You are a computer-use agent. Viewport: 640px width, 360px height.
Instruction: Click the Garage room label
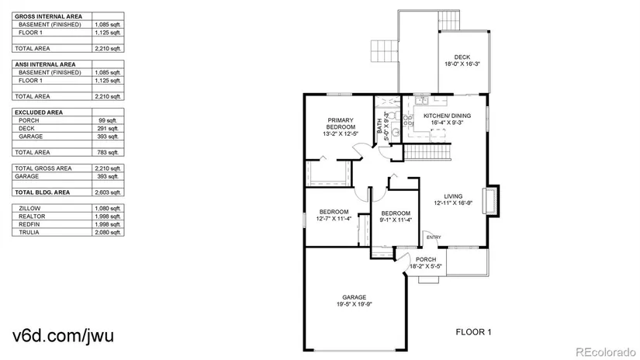[354, 298]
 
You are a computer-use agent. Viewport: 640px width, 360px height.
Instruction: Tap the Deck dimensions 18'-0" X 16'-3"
[462, 64]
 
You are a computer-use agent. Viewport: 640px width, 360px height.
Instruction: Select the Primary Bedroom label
[341, 123]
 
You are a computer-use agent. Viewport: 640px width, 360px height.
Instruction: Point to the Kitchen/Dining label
[447, 116]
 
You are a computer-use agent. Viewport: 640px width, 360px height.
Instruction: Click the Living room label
[453, 196]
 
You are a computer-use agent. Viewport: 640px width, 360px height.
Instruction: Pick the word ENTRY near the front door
[434, 237]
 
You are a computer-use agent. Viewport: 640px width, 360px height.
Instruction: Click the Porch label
[426, 260]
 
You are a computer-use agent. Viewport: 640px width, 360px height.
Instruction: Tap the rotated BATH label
[380, 126]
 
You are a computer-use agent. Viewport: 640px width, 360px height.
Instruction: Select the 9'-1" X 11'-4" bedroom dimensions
[396, 220]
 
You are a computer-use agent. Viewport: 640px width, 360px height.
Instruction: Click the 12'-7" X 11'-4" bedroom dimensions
[334, 219]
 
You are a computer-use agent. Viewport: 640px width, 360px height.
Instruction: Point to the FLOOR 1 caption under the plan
[473, 332]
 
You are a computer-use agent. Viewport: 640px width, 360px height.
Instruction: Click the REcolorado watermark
[605, 351]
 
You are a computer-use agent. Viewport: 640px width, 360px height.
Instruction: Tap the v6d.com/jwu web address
[64, 336]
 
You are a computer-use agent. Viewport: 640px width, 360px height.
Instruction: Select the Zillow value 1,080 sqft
[108, 209]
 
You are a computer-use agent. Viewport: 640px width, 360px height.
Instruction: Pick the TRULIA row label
[29, 233]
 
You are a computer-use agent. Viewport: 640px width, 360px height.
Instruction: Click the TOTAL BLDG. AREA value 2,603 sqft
[108, 192]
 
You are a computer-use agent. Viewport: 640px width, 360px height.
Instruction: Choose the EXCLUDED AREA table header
[39, 112]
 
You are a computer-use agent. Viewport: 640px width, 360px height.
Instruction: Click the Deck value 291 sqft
[108, 129]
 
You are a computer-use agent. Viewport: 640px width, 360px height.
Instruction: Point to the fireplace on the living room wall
[491, 201]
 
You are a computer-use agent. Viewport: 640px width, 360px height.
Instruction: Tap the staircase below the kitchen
[427, 152]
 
